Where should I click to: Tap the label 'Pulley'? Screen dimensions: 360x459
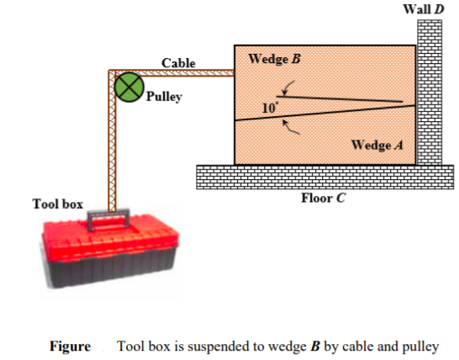164,97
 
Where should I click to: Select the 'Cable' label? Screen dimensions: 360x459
178,63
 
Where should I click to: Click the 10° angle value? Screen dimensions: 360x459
269,109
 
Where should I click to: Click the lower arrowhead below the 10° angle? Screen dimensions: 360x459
288,124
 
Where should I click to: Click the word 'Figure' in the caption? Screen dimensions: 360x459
69,347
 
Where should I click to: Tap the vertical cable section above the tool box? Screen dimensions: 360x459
112,151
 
